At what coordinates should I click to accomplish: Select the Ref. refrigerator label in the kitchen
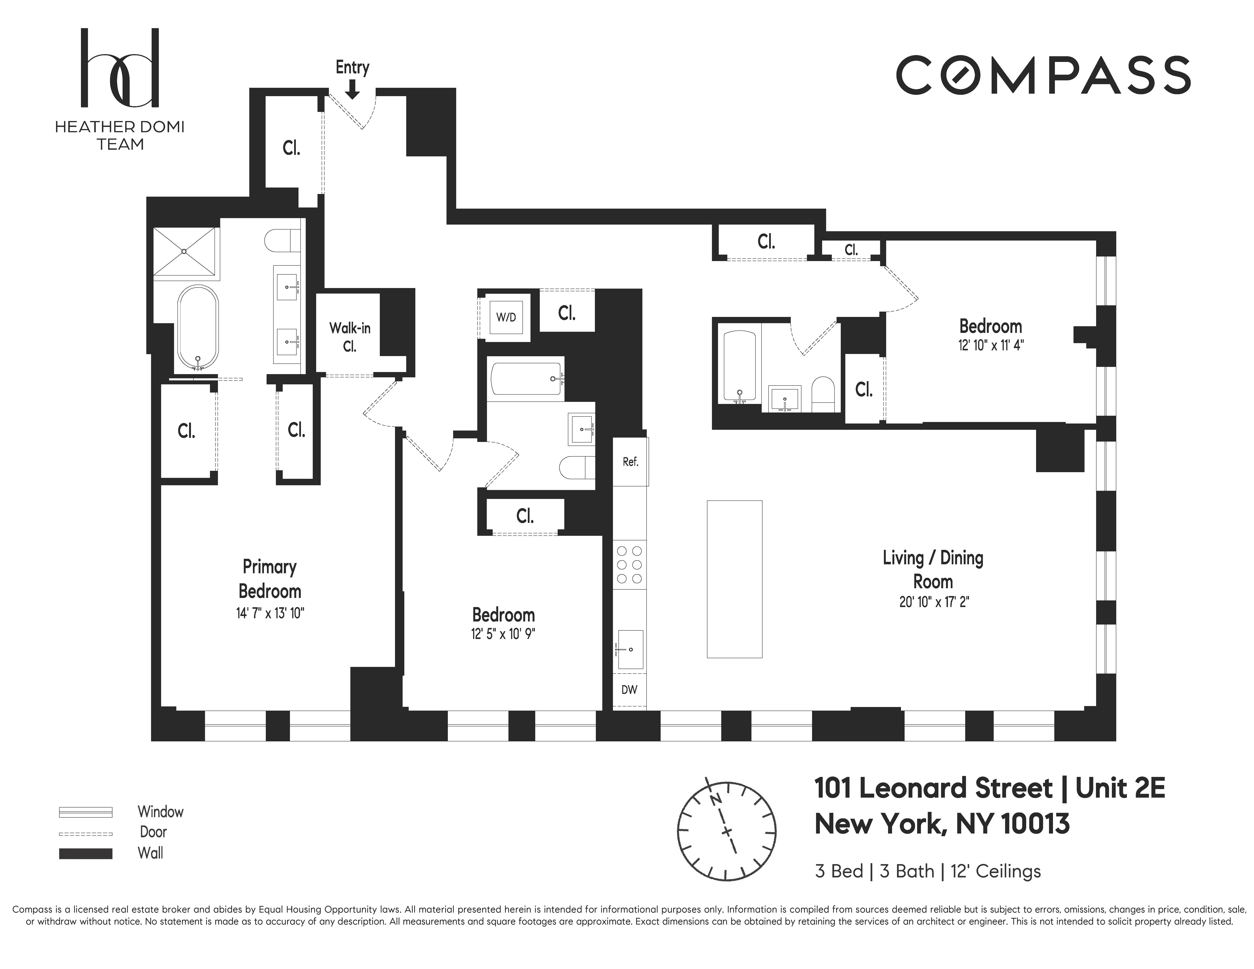(x=630, y=462)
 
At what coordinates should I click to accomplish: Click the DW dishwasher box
(x=629, y=690)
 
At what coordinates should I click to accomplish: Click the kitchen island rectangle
(x=734, y=579)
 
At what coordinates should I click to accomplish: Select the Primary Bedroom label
(x=269, y=579)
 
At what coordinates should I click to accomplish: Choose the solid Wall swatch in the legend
(x=85, y=854)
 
